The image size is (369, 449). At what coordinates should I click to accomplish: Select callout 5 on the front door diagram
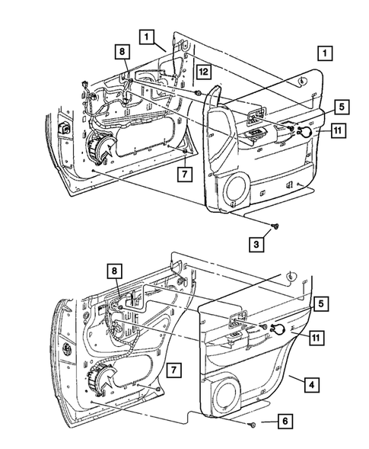coord(322,107)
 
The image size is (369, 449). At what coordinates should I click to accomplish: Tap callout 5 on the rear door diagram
coord(322,303)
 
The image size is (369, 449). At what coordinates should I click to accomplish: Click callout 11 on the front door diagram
coord(338,130)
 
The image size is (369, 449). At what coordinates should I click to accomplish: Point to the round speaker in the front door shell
coord(97,146)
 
